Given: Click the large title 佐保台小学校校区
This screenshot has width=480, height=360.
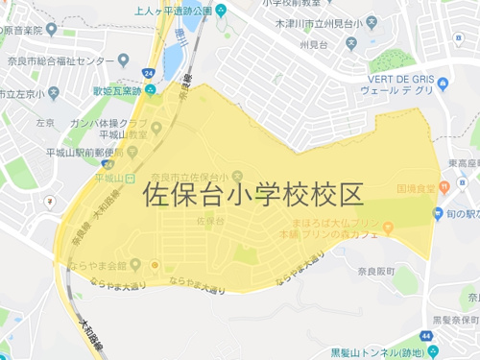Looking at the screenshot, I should tap(253, 196).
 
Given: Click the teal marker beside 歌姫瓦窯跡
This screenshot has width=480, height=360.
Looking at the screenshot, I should tap(150, 91).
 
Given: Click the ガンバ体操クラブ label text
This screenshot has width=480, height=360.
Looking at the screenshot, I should tap(108, 124).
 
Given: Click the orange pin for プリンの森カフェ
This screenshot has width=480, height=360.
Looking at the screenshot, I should tap(388, 228).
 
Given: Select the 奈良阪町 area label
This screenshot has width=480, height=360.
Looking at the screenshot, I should tap(413, 272).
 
